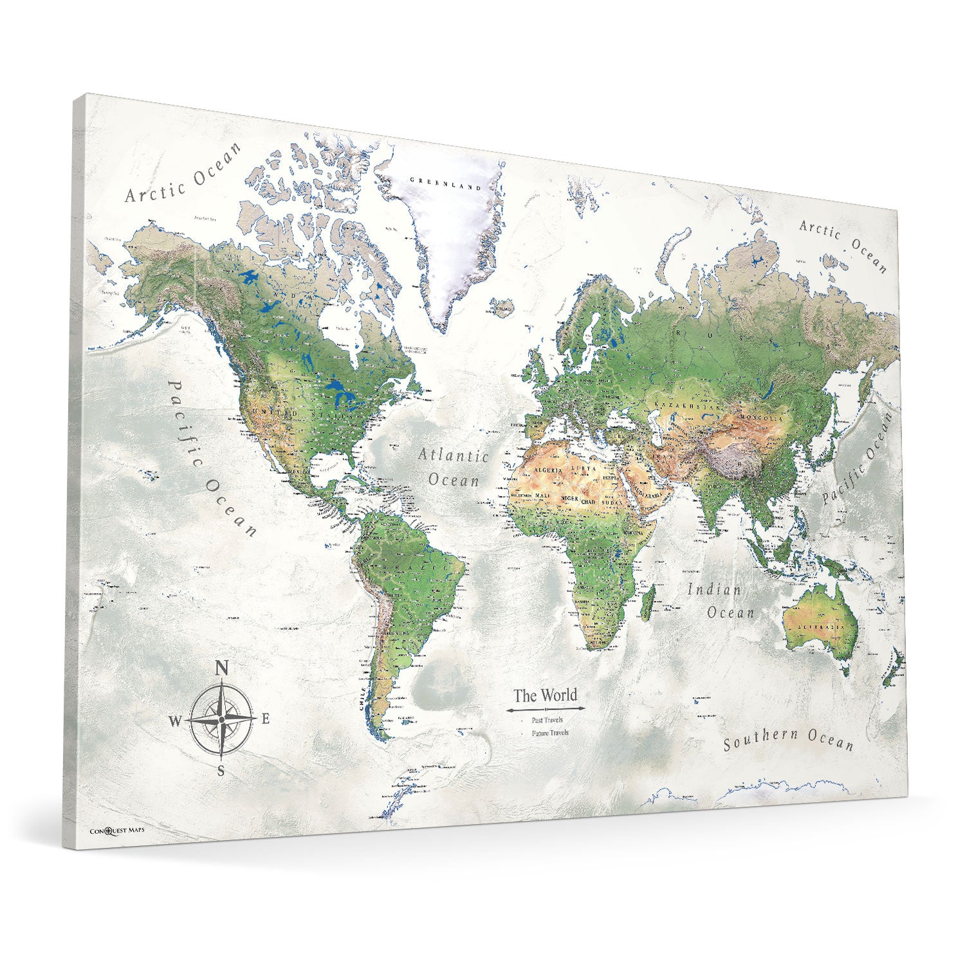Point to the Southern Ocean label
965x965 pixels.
(788, 740)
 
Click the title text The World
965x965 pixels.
(545, 695)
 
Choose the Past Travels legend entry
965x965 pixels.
(547, 721)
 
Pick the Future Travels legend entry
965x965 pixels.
(549, 733)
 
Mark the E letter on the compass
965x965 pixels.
(265, 719)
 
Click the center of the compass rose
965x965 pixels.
(221, 719)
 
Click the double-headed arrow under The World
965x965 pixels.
(544, 710)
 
